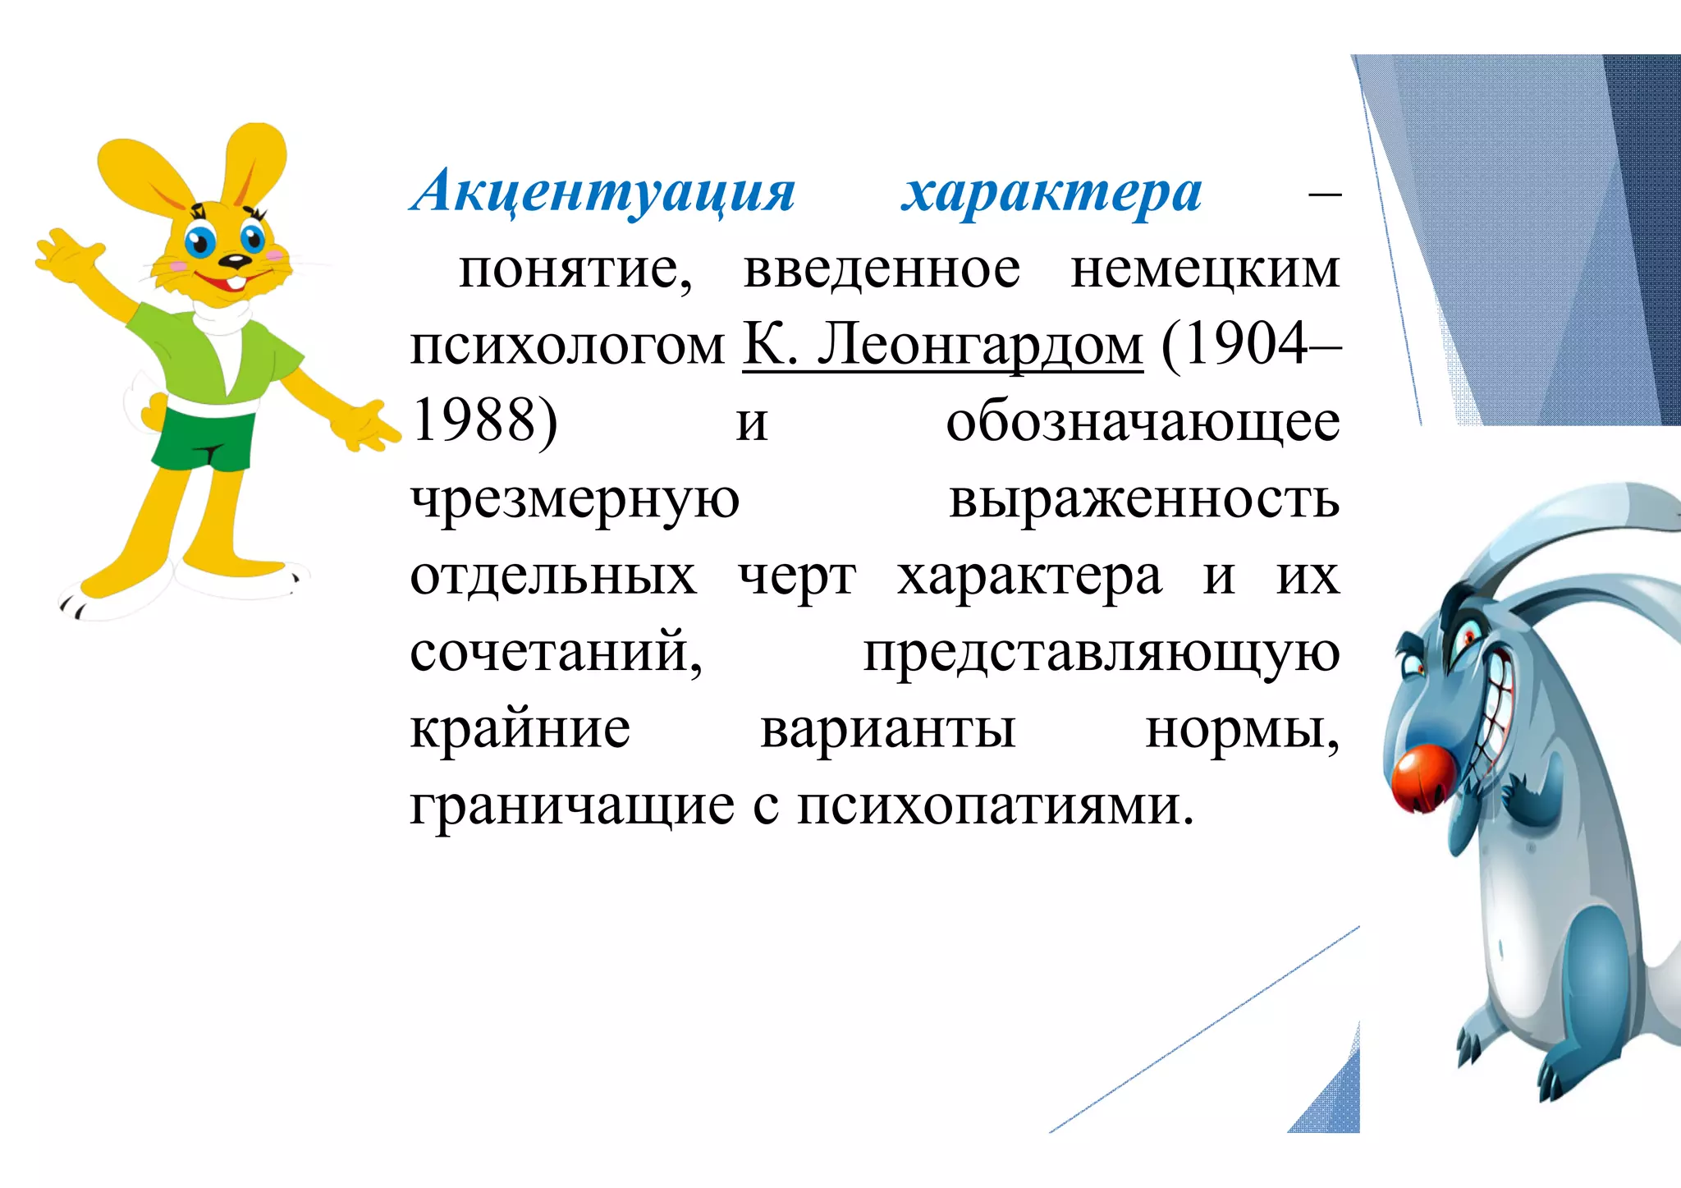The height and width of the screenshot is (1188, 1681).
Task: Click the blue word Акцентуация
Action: (603, 192)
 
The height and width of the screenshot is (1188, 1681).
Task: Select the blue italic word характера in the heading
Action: (1051, 192)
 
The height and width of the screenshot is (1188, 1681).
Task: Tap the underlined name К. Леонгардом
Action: (942, 345)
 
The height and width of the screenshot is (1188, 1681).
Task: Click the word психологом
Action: (567, 346)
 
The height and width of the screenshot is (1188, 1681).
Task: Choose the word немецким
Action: (1204, 269)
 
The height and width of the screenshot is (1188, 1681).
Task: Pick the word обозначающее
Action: (1143, 422)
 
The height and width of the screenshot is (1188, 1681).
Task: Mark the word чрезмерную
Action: (575, 499)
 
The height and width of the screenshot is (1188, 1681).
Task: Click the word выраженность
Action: (1144, 499)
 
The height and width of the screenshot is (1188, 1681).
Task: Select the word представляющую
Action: (1101, 654)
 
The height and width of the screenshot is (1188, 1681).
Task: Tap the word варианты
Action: (888, 729)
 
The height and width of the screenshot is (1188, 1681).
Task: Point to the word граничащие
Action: (572, 806)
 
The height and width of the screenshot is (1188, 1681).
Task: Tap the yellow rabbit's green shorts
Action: (205, 439)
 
